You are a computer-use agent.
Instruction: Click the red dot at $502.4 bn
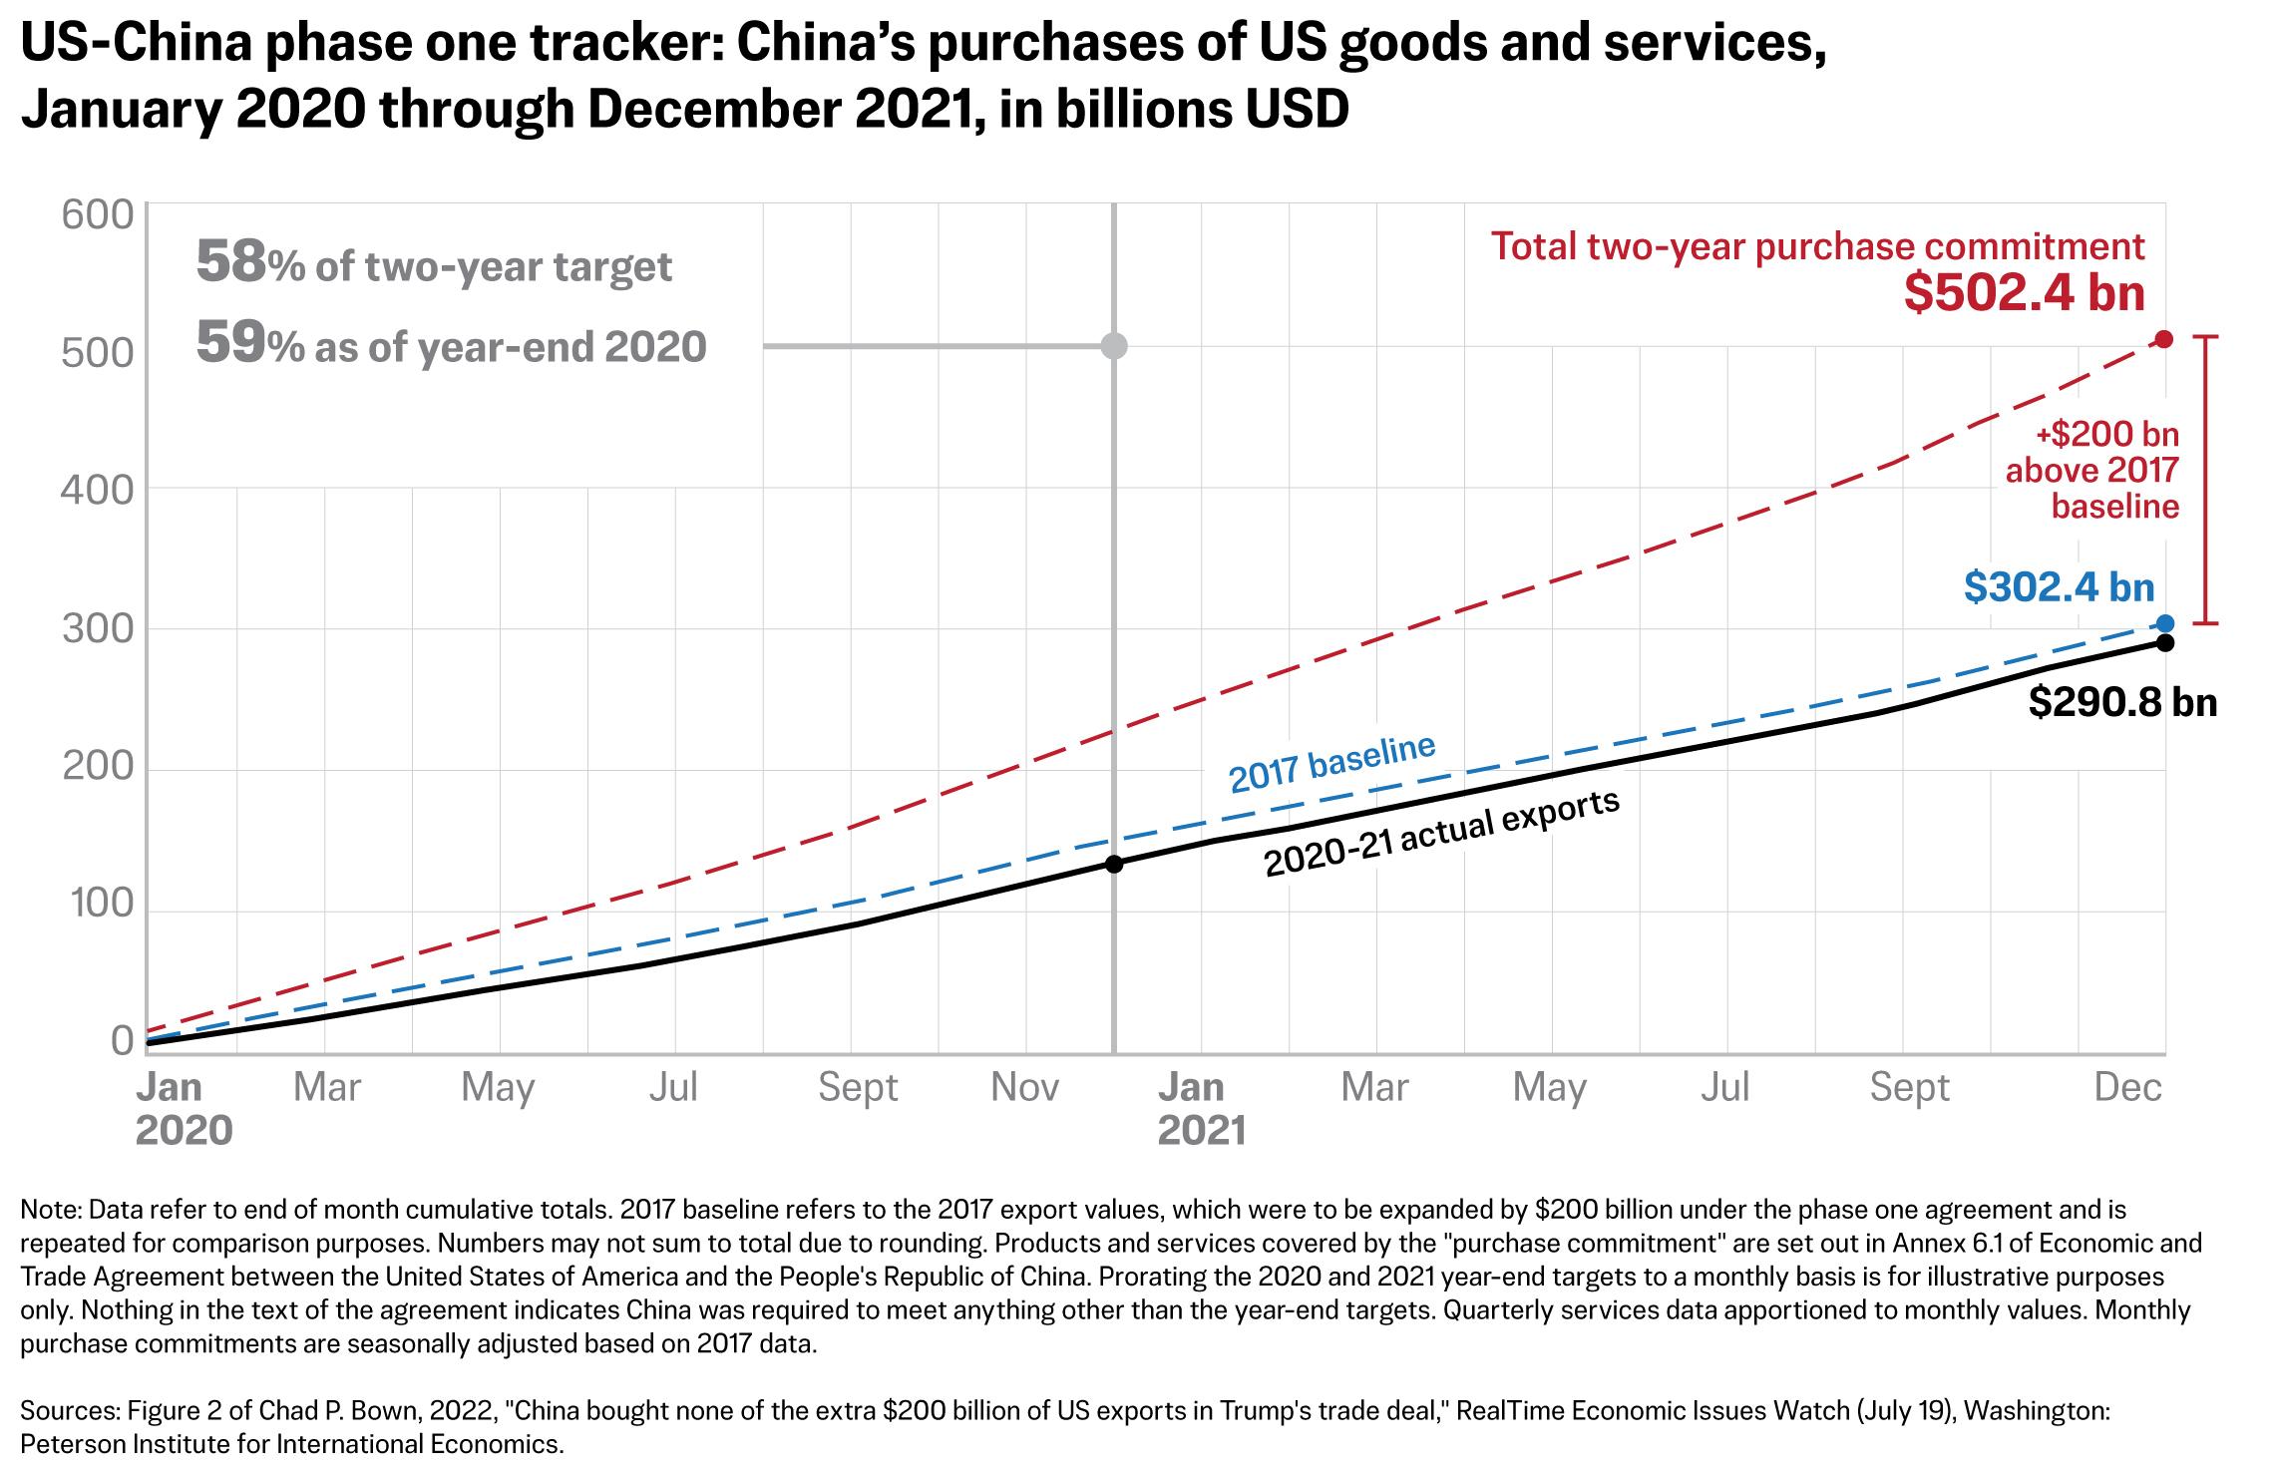(2163, 339)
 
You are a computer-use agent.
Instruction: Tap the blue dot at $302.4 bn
(2164, 624)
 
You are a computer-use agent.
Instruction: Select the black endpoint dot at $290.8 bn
(2164, 643)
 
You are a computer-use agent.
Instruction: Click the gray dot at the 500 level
(1114, 347)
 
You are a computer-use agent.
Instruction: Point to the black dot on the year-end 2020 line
(1114, 864)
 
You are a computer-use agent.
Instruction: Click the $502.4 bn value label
(2024, 294)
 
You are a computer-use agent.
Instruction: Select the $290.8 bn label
(2123, 703)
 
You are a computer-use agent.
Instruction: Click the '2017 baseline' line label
(1332, 763)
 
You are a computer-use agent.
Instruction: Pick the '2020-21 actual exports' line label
(1442, 834)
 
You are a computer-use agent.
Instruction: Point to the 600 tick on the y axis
(97, 215)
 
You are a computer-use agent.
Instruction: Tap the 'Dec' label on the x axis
(2127, 1087)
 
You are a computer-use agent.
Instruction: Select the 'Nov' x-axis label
(1025, 1087)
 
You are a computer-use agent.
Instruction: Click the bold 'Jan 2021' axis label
(1202, 1109)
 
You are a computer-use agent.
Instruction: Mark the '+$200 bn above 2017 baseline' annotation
(2092, 471)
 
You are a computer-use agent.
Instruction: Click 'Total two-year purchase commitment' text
(1818, 247)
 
